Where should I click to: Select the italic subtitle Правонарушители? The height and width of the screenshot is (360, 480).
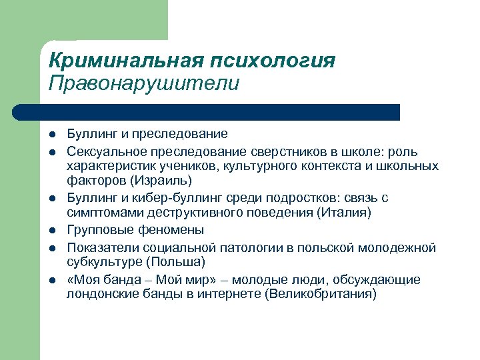(143, 85)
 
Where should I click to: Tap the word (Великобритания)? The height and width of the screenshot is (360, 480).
(321, 293)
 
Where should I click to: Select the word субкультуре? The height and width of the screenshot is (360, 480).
(102, 261)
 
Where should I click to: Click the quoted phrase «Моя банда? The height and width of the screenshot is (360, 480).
(99, 279)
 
